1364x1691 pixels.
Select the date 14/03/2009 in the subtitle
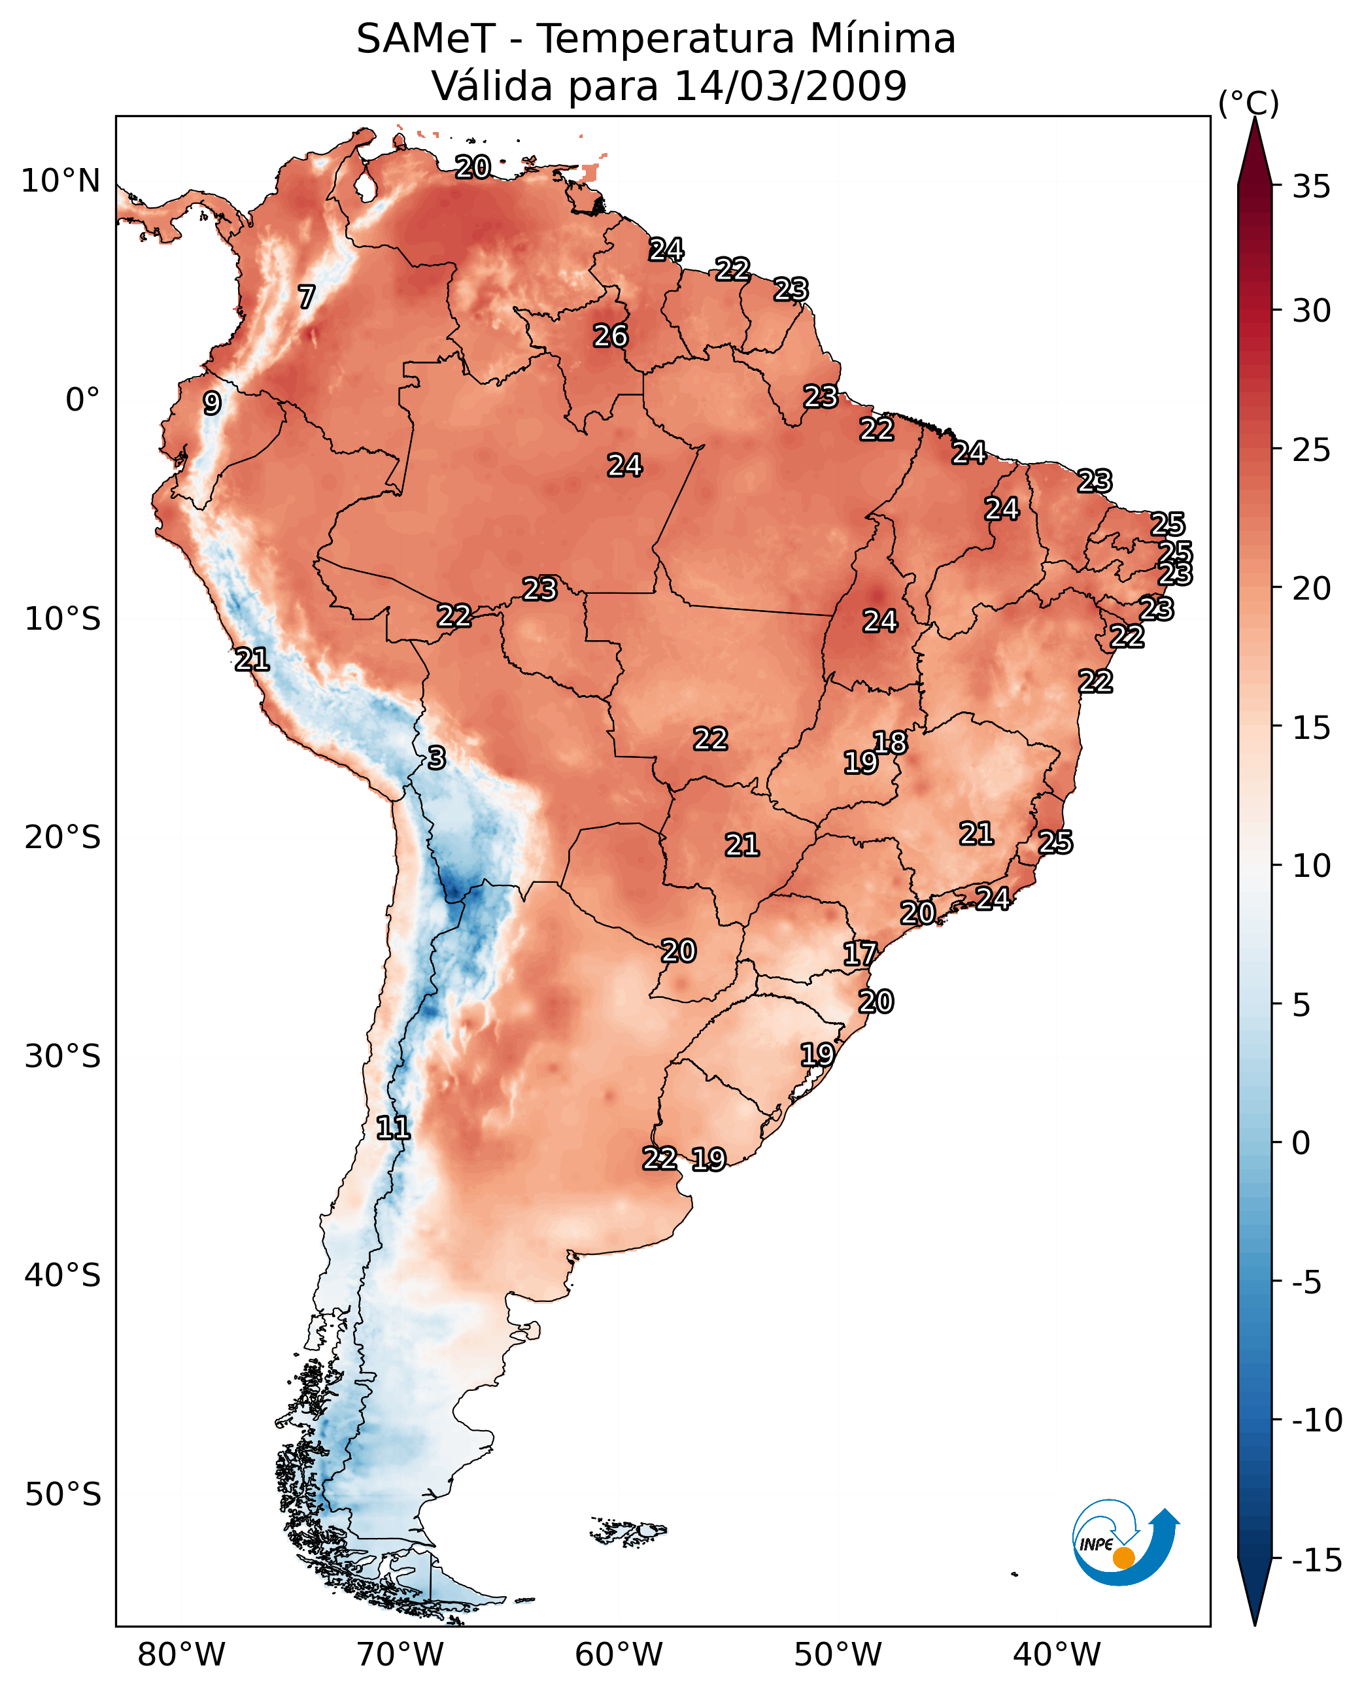coord(791,86)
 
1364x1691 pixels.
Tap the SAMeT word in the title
coord(426,39)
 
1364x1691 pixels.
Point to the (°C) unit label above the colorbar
coord(1248,103)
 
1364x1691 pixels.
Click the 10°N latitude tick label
coord(61,182)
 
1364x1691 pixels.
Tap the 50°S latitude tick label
coord(63,1495)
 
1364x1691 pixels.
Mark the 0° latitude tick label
coord(82,400)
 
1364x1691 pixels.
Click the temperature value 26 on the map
coord(611,336)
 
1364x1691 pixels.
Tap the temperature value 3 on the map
coord(437,757)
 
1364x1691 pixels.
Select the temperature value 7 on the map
coord(307,297)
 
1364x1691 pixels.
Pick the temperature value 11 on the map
coord(393,1129)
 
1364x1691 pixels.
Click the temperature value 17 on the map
coord(860,954)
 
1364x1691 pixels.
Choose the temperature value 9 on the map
coord(212,403)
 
